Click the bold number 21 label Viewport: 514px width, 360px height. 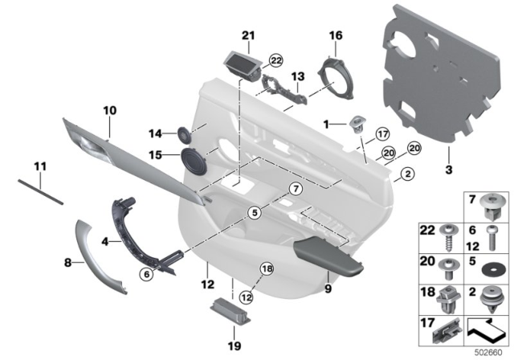pyautogui.click(x=247, y=35)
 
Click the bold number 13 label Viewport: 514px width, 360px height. pyautogui.click(x=298, y=76)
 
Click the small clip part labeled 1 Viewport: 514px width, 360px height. pyautogui.click(x=354, y=124)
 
